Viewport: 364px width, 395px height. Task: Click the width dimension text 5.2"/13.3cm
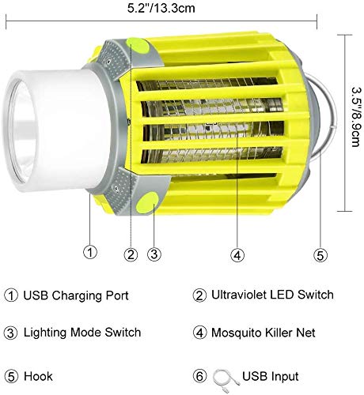tap(161, 8)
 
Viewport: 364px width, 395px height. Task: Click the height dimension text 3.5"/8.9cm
tap(356, 117)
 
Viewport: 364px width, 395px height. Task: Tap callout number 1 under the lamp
tap(90, 252)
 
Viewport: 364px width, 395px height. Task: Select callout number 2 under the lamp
tap(131, 254)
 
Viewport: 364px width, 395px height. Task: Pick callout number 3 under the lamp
tap(154, 254)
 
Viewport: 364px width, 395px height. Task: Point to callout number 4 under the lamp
tap(237, 255)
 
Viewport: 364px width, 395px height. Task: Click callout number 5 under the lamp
tap(320, 255)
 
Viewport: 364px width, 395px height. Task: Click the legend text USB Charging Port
tap(76, 295)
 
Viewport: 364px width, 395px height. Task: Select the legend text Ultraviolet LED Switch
tap(272, 295)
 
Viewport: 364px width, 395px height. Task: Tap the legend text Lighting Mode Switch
tap(82, 333)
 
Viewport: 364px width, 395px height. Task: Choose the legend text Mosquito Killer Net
tap(264, 333)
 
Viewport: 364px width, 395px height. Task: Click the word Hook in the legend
tap(38, 376)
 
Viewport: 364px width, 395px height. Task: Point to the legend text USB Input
tap(271, 376)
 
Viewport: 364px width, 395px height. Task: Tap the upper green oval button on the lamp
tap(138, 45)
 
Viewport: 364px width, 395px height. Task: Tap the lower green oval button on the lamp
tap(147, 202)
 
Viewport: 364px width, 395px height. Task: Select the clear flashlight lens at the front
tap(21, 132)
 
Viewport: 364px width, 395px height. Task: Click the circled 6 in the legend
tap(199, 376)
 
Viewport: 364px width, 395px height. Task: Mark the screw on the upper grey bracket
tap(108, 62)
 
